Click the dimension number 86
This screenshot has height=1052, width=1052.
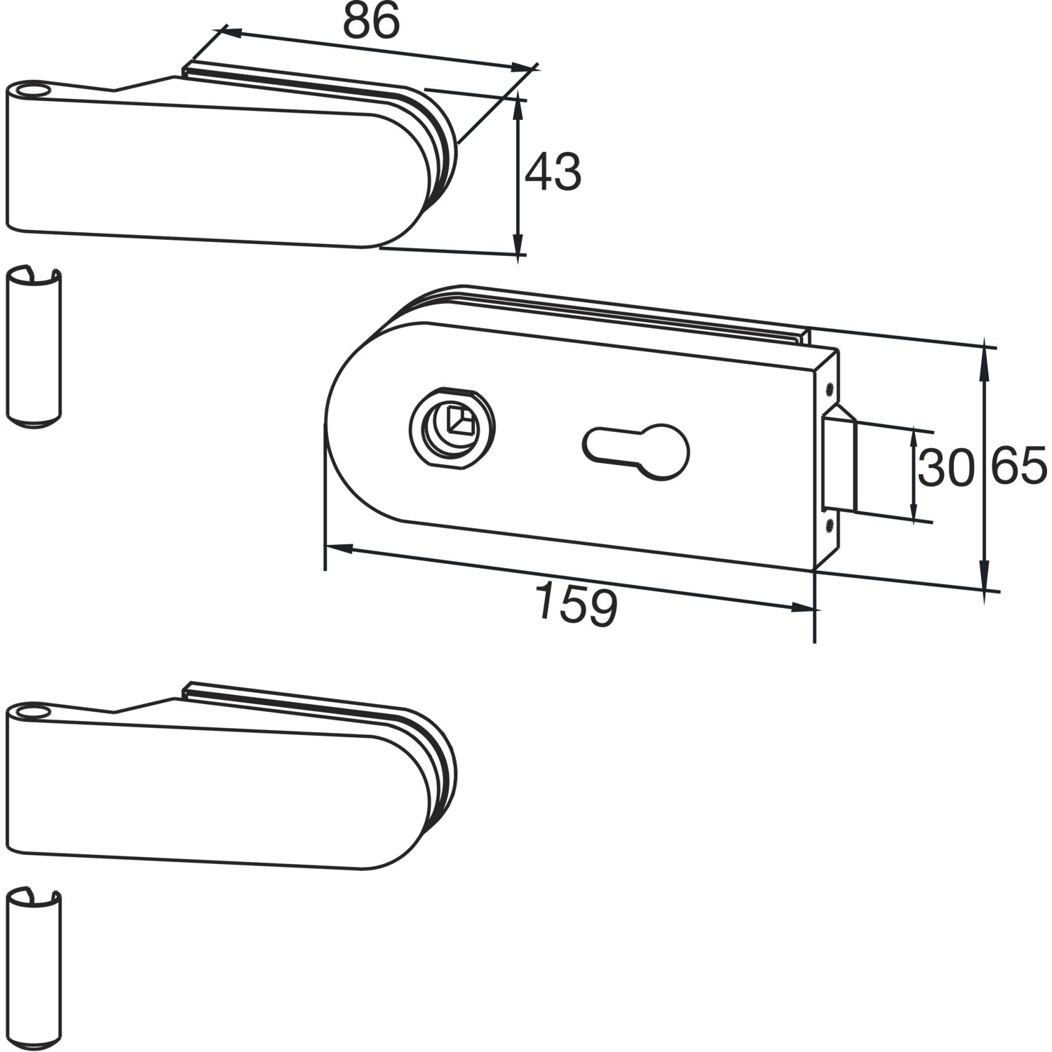(371, 20)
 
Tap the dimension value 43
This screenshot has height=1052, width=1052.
(553, 173)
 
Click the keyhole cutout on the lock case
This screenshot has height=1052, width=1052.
(636, 450)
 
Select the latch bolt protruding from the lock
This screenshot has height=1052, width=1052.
(839, 460)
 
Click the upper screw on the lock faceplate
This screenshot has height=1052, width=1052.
(830, 388)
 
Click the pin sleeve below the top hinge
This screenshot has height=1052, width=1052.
(34, 346)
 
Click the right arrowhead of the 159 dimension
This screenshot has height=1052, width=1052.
(804, 608)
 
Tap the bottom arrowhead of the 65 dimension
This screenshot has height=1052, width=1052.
(985, 578)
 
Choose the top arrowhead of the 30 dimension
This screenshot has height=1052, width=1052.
(914, 438)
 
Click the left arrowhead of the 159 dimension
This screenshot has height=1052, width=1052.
(337, 548)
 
